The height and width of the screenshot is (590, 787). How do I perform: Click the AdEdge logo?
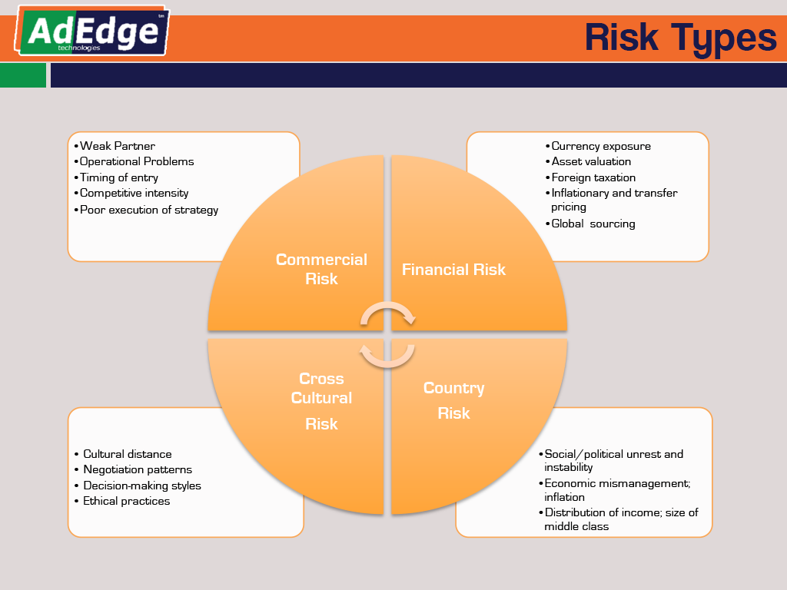point(92,31)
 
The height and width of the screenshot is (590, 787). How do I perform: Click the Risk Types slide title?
point(681,38)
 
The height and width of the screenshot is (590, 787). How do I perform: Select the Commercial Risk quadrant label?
point(321,269)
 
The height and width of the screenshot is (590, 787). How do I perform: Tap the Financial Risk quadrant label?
point(453,270)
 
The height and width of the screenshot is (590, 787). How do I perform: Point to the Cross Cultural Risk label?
point(321,401)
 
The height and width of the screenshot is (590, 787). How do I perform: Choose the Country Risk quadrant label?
point(453,400)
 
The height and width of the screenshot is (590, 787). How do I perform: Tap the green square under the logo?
point(23,75)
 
